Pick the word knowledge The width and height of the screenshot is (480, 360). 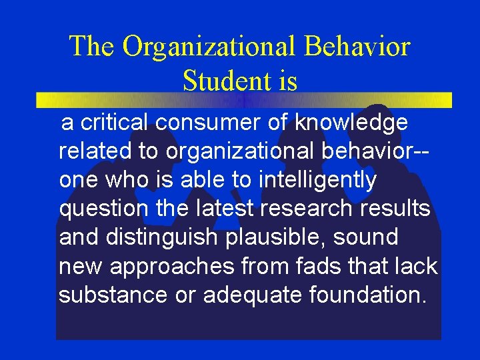point(352,123)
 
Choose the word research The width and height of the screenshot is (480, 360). point(307,209)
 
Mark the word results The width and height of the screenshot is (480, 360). point(397,209)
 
